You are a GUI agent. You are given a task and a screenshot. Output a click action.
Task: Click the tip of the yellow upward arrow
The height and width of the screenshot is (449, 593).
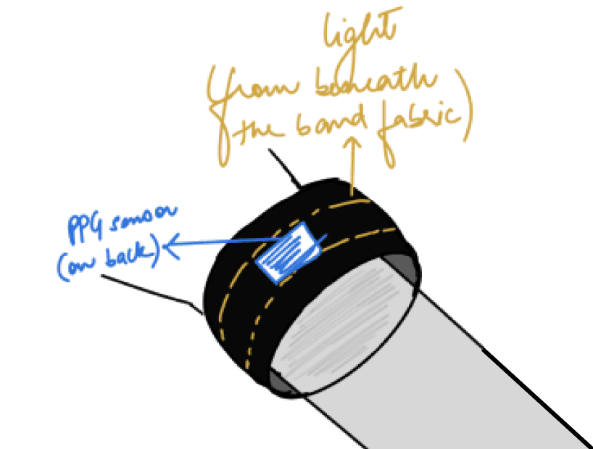[x=354, y=143]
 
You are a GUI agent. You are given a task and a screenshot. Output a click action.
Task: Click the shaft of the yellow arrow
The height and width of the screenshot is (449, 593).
[x=354, y=170]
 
